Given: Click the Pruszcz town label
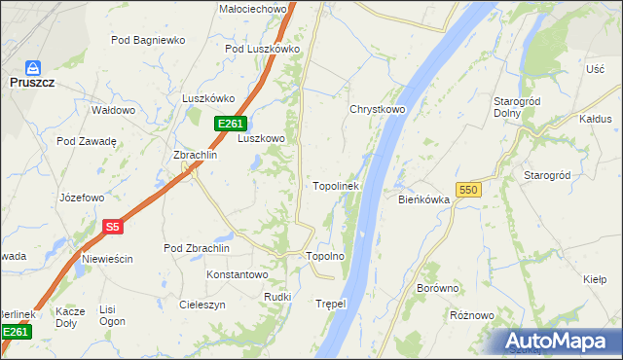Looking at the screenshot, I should pyautogui.click(x=33, y=85).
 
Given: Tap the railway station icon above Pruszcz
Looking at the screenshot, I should pyautogui.click(x=33, y=68).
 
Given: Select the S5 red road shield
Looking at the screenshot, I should pyautogui.click(x=112, y=227).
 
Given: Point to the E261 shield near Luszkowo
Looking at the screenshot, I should pyautogui.click(x=230, y=123).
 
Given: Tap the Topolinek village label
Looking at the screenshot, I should pyautogui.click(x=336, y=185).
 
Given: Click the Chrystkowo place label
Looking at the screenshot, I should pyautogui.click(x=377, y=109).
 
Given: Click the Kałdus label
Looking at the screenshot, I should pyautogui.click(x=594, y=119).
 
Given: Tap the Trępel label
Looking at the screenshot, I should pyautogui.click(x=331, y=304).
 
